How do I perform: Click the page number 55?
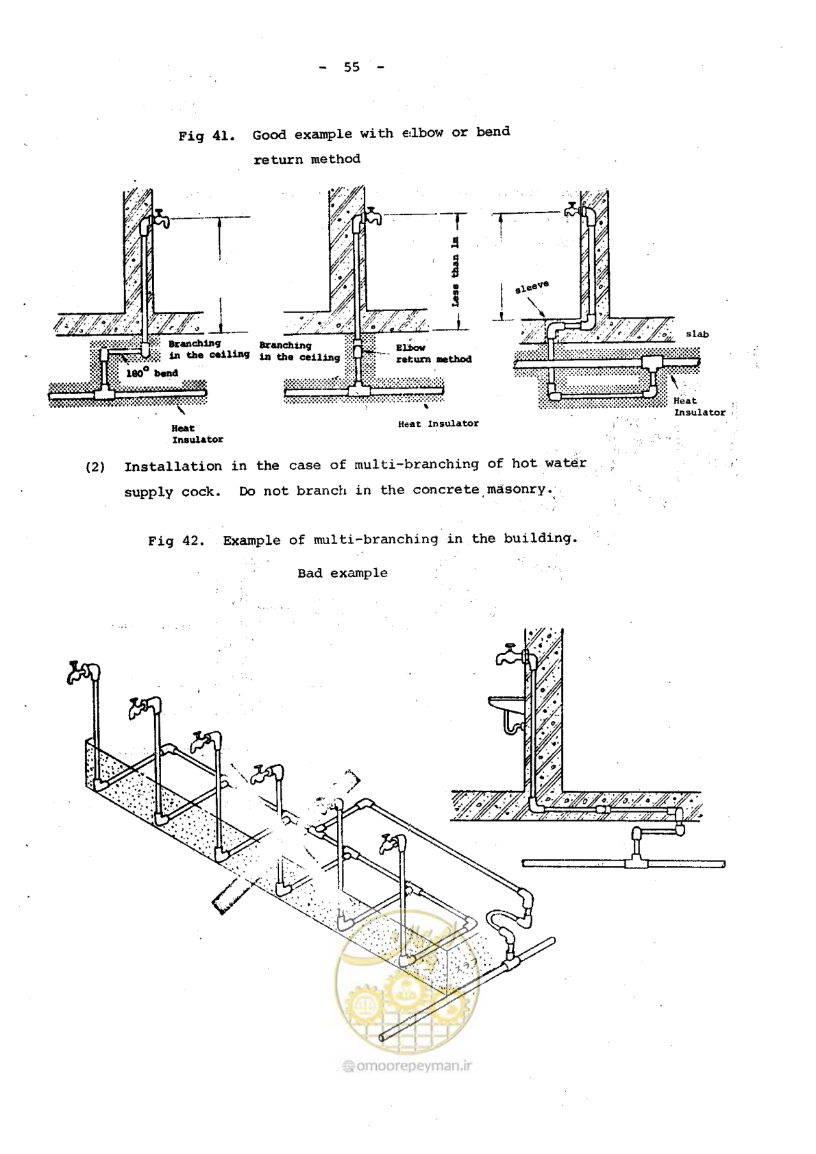pos(352,67)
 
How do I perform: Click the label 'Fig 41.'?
pos(207,136)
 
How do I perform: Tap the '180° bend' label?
pos(152,373)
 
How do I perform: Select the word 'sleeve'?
pos(532,287)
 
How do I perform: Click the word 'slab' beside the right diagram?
pos(697,334)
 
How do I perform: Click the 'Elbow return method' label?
pos(434,354)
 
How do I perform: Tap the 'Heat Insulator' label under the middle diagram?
pos(438,423)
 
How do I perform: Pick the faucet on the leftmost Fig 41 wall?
pos(160,218)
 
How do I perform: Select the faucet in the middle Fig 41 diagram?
pos(373,216)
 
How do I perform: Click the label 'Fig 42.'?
pos(176,541)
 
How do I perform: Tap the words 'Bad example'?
pos(343,573)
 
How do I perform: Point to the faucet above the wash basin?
pos(510,655)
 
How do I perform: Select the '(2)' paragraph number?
pos(95,467)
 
